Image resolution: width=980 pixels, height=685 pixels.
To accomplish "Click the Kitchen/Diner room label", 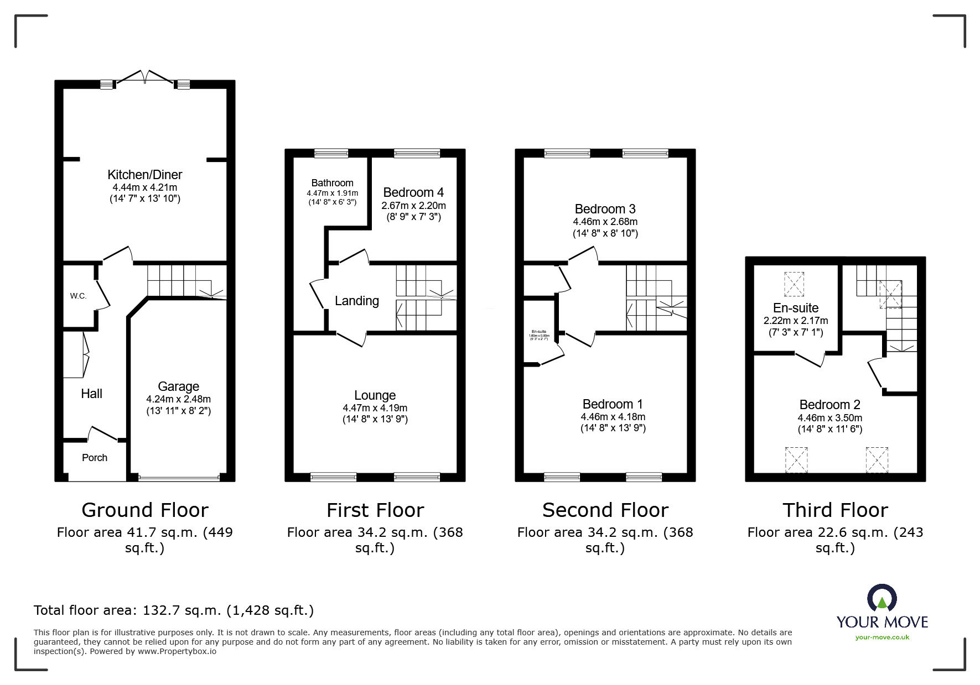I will [144, 175].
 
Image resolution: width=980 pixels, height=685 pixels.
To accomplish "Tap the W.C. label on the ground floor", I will [78, 296].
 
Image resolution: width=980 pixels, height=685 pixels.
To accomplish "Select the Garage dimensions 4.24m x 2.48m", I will [178, 399].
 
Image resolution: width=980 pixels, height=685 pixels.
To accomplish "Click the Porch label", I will [95, 458].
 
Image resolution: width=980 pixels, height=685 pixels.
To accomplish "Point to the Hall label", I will [91, 394].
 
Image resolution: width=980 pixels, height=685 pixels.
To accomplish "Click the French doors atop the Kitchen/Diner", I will [144, 77].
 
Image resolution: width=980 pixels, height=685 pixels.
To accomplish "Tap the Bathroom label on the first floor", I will [332, 183].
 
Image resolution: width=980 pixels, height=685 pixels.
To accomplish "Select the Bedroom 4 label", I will [413, 192].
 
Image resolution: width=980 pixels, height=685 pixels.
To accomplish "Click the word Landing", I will [356, 301].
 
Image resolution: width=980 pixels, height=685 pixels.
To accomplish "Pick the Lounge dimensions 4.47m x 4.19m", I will [375, 408].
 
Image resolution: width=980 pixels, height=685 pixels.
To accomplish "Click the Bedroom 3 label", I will [605, 209].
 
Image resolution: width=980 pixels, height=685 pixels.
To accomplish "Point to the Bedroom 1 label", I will [613, 404].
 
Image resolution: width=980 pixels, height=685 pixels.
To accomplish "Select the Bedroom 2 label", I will [829, 405].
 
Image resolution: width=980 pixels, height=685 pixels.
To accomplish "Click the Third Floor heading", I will [834, 510].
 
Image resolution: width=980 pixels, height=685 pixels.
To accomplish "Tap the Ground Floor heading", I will [144, 510].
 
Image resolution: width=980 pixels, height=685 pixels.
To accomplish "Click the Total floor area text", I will [174, 610].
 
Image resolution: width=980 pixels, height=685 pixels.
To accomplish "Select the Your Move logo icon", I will [882, 598].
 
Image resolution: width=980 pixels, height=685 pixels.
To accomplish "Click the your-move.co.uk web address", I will [882, 637].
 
